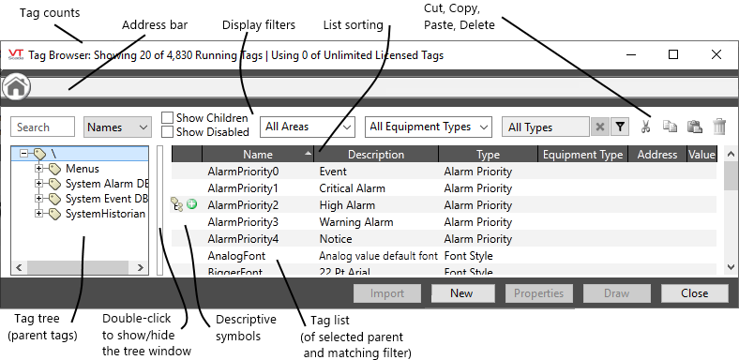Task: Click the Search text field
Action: pos(42,127)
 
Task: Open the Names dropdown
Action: pos(118,127)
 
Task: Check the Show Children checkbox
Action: pos(168,118)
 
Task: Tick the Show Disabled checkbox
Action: pos(168,131)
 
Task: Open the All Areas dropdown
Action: pos(308,126)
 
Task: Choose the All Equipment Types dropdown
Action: pos(430,126)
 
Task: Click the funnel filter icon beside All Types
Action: pos(620,127)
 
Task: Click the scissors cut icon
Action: pos(646,127)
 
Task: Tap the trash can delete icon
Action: pos(719,127)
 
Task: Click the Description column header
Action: pos(375,155)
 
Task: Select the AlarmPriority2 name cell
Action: pos(242,205)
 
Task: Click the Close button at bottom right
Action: pos(694,292)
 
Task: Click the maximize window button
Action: pos(673,54)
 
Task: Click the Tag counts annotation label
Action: pos(50,13)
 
